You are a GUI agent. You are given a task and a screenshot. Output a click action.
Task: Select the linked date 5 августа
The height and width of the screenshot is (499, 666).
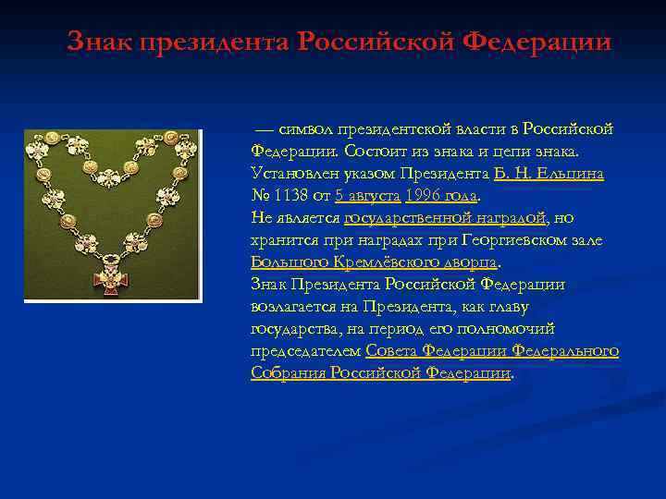coord(367,195)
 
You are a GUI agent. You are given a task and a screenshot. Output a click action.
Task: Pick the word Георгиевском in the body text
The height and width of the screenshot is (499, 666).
coord(501,239)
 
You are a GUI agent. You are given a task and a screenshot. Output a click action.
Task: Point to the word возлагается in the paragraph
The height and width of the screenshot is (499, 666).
coord(296,306)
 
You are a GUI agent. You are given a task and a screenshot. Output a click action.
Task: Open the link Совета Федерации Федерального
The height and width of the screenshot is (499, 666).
coord(492,350)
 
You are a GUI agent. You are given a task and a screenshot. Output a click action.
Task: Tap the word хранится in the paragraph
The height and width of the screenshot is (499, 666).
coord(284,239)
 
